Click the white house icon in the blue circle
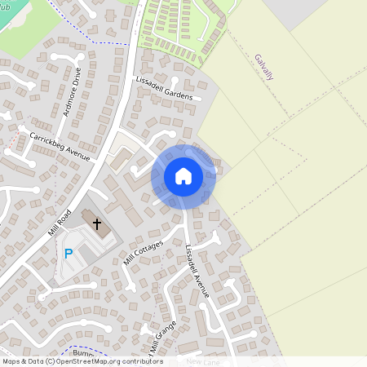[183, 176]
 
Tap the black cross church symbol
[97, 223]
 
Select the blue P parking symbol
[69, 254]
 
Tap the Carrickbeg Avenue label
[59, 145]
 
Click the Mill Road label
[60, 220]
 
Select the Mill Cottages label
[144, 253]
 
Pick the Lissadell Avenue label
[197, 270]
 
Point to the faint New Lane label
[204, 360]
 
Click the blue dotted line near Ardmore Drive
[106, 41]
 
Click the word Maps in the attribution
[12, 361]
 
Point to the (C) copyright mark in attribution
[50, 361]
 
